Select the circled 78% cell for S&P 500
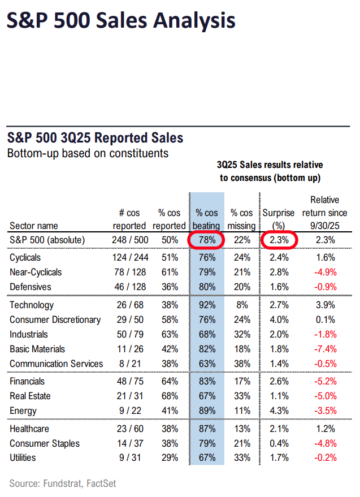(x=206, y=240)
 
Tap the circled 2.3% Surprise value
(x=279, y=240)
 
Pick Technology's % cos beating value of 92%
(x=207, y=305)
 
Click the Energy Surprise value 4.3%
(x=279, y=411)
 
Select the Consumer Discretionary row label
(x=55, y=320)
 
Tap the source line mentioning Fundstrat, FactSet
(x=63, y=483)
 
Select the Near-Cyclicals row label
(x=36, y=272)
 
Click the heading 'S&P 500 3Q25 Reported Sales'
(x=95, y=138)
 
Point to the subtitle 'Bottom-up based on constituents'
(x=88, y=153)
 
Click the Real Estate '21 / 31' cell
(x=129, y=396)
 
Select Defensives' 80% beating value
(x=207, y=287)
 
